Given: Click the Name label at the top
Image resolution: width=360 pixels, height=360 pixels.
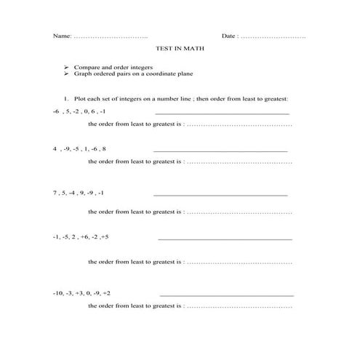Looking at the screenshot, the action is (62, 35).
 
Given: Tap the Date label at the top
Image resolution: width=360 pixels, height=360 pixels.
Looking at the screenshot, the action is (229, 35).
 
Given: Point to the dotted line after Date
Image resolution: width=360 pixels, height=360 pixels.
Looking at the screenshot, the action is (273, 36).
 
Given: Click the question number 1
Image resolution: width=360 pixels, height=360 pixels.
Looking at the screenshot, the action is (65, 97).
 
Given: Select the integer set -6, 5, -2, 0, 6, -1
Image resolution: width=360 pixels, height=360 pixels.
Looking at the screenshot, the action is (79, 112).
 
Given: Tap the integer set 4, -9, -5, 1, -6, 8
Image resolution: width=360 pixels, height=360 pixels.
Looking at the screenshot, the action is (80, 148).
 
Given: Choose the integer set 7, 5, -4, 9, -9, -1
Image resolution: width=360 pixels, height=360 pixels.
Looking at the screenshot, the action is (79, 193).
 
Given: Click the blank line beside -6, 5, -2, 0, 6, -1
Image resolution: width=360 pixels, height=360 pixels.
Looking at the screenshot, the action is (222, 114).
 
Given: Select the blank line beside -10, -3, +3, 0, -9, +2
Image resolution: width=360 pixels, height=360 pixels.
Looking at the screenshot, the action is (226, 295).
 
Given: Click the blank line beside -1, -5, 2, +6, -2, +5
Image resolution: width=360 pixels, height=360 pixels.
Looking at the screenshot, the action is (225, 239).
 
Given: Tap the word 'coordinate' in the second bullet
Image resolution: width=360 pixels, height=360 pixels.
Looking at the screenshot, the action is (164, 73).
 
